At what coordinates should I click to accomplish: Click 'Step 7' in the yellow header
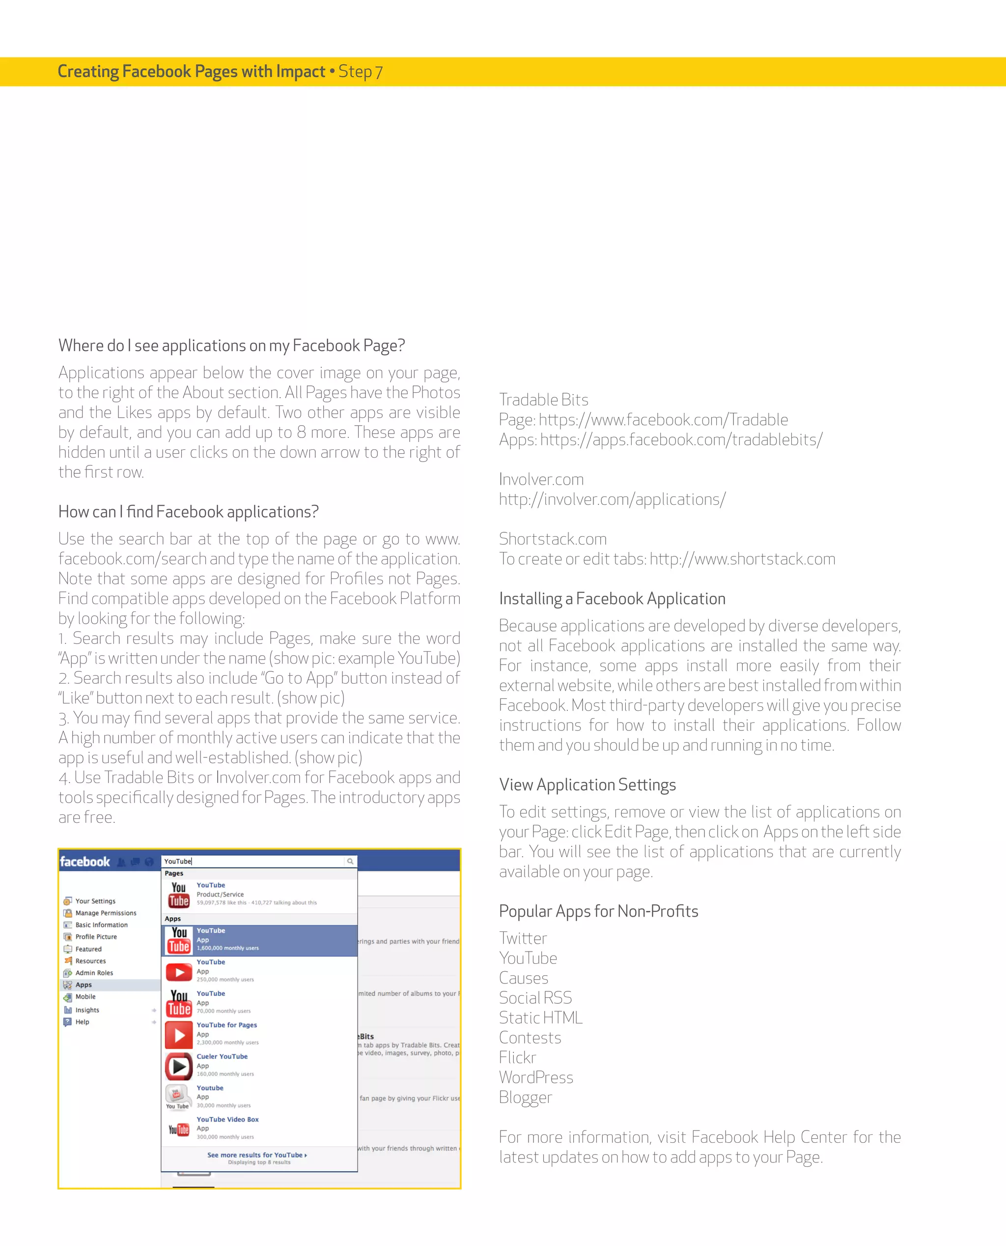click(360, 72)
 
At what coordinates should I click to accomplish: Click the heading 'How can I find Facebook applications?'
click(188, 512)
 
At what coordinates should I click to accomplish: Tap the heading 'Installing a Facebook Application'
click(612, 599)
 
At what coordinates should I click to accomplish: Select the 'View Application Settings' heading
click(587, 785)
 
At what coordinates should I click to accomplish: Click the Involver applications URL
click(612, 500)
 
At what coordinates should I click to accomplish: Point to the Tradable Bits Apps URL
click(681, 440)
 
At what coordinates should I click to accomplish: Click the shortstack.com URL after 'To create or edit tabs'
click(742, 559)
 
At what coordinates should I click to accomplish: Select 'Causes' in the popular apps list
click(523, 979)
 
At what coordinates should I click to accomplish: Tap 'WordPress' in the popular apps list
click(535, 1078)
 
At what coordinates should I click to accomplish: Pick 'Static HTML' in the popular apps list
click(540, 1018)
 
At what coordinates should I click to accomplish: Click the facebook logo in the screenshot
click(84, 862)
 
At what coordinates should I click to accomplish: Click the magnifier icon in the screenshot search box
click(350, 862)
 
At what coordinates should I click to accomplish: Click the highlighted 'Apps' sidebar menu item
click(84, 985)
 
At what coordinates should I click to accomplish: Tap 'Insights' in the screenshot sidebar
click(87, 1010)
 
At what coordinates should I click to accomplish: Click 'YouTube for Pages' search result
click(226, 1025)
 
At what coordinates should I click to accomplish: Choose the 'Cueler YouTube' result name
click(222, 1056)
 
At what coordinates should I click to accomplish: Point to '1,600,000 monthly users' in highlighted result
click(228, 948)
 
